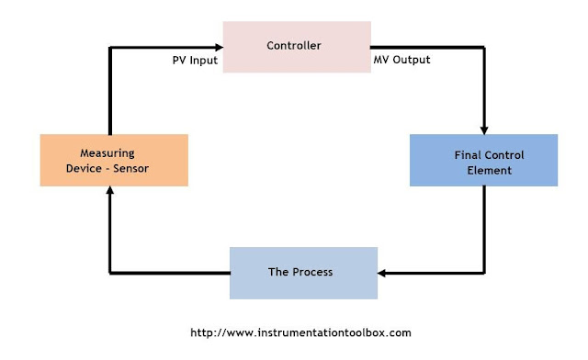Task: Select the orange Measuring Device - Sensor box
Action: (114, 161)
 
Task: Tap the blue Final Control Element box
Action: (483, 161)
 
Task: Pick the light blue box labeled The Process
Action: (302, 273)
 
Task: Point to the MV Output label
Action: (402, 62)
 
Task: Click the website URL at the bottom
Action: (300, 332)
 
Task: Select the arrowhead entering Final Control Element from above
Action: (483, 129)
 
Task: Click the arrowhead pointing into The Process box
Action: (384, 273)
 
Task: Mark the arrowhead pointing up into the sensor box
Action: (110, 192)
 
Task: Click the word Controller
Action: (294, 46)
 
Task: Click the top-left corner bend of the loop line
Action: (110, 47)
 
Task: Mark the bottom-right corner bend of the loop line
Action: (483, 273)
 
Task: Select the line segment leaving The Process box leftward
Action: (170, 273)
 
